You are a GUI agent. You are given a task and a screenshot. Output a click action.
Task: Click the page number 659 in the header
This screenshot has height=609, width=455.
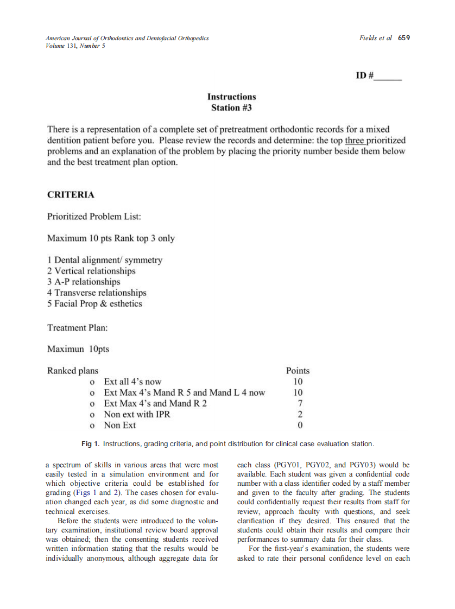click(x=404, y=38)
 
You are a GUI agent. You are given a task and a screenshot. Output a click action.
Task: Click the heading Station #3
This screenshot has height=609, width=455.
click(x=231, y=107)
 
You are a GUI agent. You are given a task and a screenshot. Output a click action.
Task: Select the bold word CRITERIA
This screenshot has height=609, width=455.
click(x=71, y=194)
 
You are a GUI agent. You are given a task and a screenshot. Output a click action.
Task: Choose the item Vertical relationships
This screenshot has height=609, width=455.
click(x=91, y=271)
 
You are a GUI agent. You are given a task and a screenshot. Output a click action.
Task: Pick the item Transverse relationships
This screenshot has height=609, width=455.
click(x=97, y=293)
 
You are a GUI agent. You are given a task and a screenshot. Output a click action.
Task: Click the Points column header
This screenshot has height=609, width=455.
click(x=298, y=371)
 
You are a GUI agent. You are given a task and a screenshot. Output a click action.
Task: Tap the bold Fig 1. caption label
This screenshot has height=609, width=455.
click(x=90, y=444)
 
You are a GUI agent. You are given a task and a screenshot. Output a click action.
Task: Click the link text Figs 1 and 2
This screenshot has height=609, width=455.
click(x=93, y=492)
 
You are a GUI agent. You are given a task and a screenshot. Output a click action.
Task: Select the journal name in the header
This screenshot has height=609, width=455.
click(x=127, y=38)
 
